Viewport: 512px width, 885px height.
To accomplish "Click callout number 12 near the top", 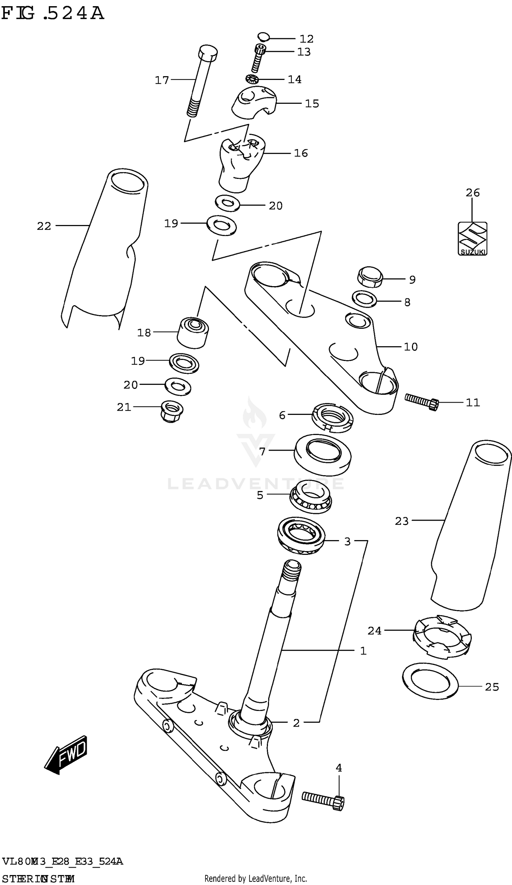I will tap(306, 39).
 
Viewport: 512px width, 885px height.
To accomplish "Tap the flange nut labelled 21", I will tap(171, 411).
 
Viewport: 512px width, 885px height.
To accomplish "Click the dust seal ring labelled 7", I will tap(322, 454).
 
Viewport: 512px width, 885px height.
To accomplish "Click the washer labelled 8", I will tap(364, 299).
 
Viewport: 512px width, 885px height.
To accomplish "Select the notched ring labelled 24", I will tap(442, 638).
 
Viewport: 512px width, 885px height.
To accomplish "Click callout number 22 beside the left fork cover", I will tap(44, 226).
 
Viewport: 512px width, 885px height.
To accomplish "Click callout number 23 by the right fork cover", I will tap(401, 521).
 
